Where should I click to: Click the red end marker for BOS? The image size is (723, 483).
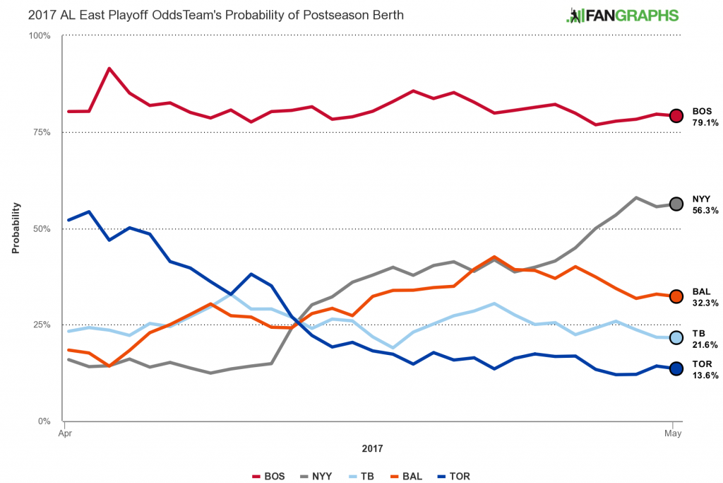[x=676, y=115]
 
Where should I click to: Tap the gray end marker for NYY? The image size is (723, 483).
[x=676, y=204]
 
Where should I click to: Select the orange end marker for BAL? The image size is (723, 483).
[x=676, y=296]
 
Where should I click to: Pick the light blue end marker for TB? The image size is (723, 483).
[x=676, y=337]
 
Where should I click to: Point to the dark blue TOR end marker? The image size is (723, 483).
[x=676, y=368]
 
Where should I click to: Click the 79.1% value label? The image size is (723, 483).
[x=705, y=122]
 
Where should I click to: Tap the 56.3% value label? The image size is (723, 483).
[x=705, y=211]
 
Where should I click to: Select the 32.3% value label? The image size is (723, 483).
[x=705, y=303]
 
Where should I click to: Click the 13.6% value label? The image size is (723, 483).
[x=705, y=376]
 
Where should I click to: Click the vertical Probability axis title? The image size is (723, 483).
[x=15, y=228]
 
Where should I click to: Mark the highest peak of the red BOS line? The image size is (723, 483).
[x=109, y=69]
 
